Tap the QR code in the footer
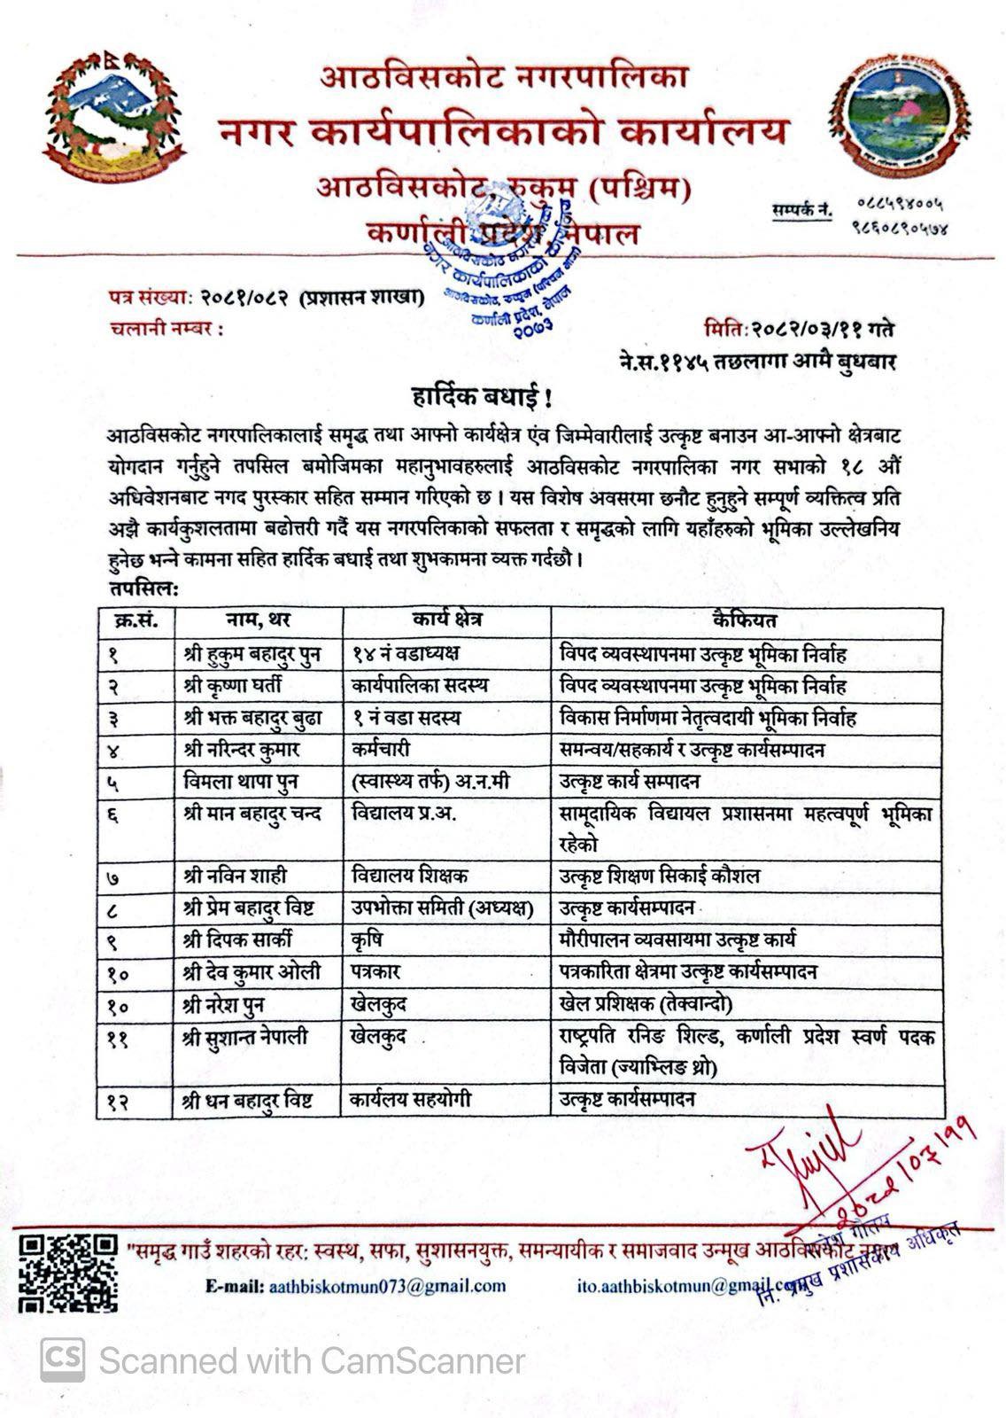pos(69,1274)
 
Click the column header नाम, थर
pos(258,620)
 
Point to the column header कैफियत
pos(745,620)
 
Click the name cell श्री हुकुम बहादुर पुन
pos(252,654)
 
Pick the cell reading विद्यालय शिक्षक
pos(410,876)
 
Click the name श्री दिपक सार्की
pos(238,939)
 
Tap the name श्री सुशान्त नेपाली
pos(251,1035)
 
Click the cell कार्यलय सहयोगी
pos(411,1100)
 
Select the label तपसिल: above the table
pos(143,589)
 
